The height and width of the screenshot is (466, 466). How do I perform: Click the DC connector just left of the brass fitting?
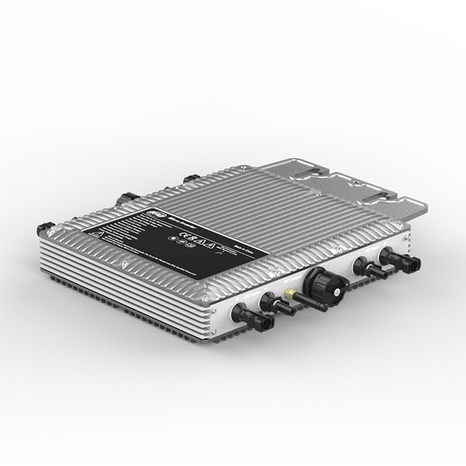click(273, 303)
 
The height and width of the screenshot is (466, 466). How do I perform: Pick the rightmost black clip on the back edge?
click(191, 178)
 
